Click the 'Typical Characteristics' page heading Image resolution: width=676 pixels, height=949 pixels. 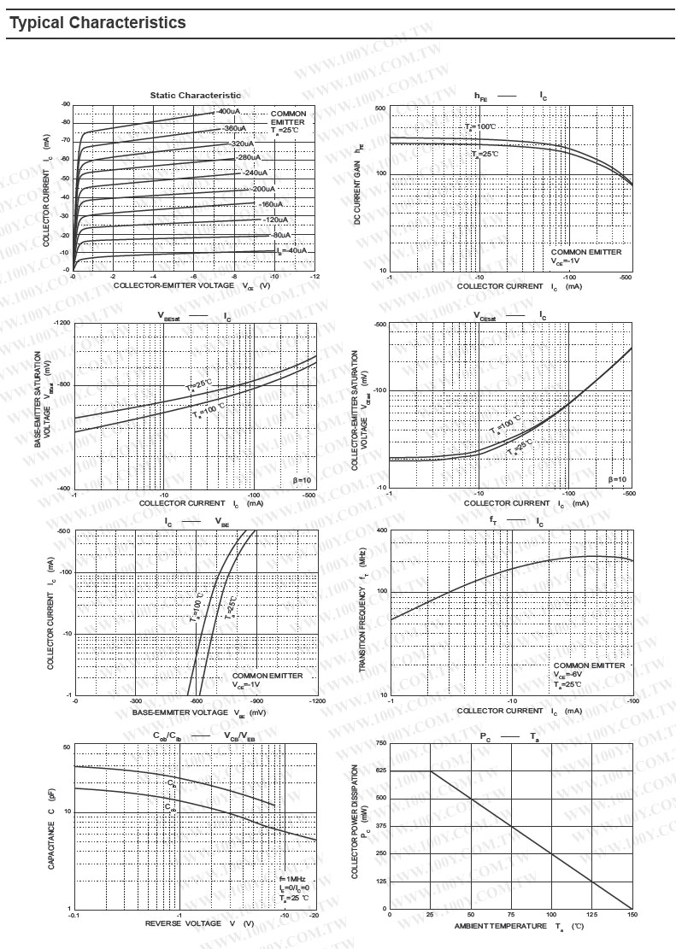coord(97,23)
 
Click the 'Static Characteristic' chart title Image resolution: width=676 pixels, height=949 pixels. coord(196,95)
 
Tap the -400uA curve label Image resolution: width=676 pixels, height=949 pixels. coord(227,111)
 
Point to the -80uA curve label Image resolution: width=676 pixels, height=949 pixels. coord(279,234)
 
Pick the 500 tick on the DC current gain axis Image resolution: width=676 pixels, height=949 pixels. coord(380,109)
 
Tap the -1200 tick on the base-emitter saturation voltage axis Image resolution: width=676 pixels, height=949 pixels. coord(62,324)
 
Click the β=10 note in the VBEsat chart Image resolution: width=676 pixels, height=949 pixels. coord(303,479)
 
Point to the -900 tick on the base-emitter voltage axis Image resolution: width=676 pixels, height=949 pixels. coord(256,700)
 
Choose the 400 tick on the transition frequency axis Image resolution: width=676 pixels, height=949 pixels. coord(382,530)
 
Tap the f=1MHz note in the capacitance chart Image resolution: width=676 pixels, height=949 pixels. coord(291,879)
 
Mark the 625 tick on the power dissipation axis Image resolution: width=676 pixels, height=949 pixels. coord(380,771)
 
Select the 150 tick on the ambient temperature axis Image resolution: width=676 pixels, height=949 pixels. coord(632,914)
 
